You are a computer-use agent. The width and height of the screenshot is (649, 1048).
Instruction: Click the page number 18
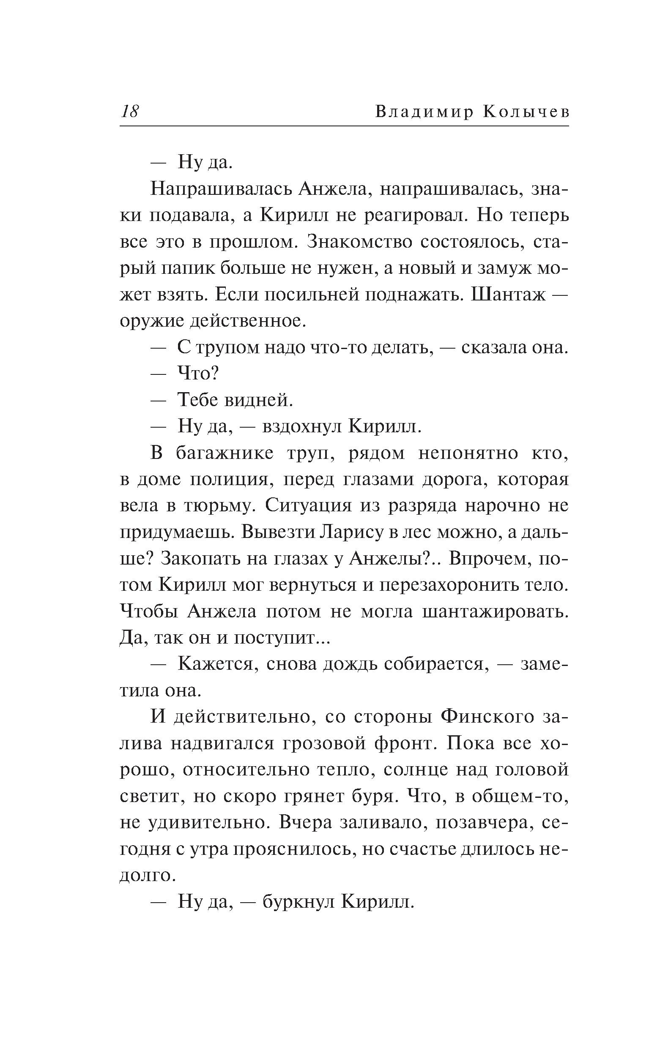(130, 112)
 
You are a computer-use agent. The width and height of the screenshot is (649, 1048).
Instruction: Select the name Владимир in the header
(424, 112)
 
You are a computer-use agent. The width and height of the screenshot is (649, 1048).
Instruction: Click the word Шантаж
(508, 295)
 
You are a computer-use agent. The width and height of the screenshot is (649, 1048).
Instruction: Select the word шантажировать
(496, 612)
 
